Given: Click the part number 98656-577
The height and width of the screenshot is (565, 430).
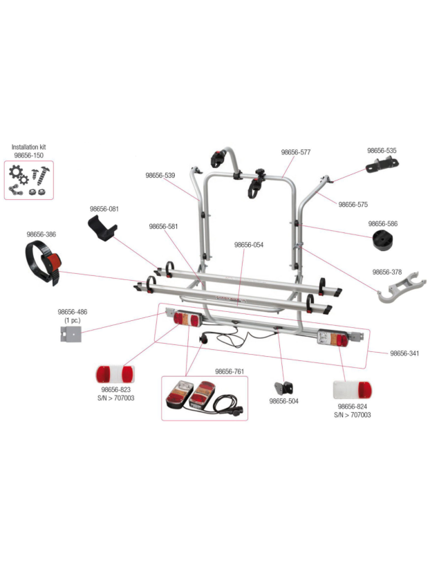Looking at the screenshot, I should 295,153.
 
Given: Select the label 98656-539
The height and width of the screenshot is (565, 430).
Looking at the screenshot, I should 160,176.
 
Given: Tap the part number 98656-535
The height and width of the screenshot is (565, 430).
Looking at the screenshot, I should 382,150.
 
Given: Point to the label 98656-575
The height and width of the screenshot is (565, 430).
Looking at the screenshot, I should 353,205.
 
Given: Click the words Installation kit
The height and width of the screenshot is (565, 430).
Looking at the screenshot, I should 29,147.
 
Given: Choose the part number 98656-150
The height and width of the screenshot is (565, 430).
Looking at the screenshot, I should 29,156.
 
